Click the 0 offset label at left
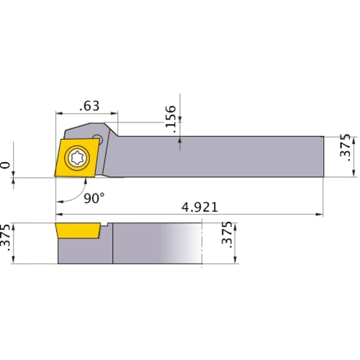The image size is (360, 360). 7,166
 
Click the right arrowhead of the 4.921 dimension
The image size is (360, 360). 320,215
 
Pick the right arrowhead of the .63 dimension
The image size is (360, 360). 116,114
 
